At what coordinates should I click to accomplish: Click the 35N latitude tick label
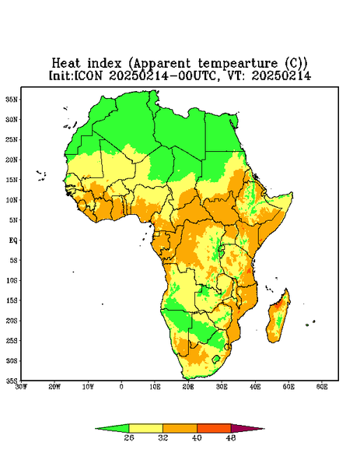click(x=12, y=99)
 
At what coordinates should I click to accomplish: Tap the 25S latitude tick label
click(x=12, y=340)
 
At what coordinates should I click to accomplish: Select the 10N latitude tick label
click(x=12, y=200)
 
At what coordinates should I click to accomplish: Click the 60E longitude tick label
click(x=322, y=387)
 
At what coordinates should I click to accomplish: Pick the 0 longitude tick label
click(x=121, y=387)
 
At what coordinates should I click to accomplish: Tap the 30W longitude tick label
click(x=21, y=387)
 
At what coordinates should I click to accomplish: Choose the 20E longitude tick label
click(x=188, y=387)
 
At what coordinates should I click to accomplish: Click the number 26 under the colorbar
click(x=129, y=437)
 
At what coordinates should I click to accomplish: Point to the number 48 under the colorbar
click(x=231, y=437)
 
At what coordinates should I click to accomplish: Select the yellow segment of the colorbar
click(x=145, y=428)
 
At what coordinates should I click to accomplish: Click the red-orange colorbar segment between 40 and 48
click(x=214, y=428)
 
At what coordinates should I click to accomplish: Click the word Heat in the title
click(x=66, y=63)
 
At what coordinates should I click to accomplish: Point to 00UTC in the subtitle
click(x=197, y=75)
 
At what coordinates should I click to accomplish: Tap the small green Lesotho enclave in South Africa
click(x=216, y=359)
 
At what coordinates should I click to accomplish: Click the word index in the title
click(x=104, y=63)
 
